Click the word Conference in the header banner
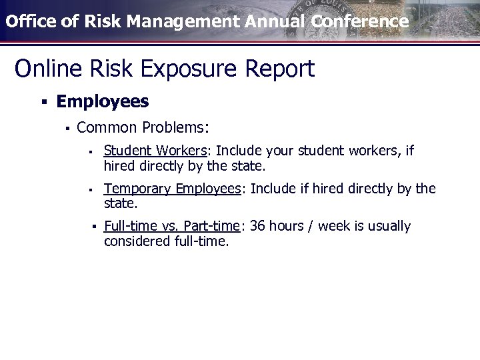coord(359,21)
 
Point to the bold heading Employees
coord(103,101)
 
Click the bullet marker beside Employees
coord(43,102)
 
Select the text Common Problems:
coord(143,127)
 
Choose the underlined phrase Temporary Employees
coord(173,189)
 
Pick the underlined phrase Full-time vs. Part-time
coord(172,227)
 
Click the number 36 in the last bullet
coord(258,227)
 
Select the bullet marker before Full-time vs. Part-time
coord(95,227)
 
